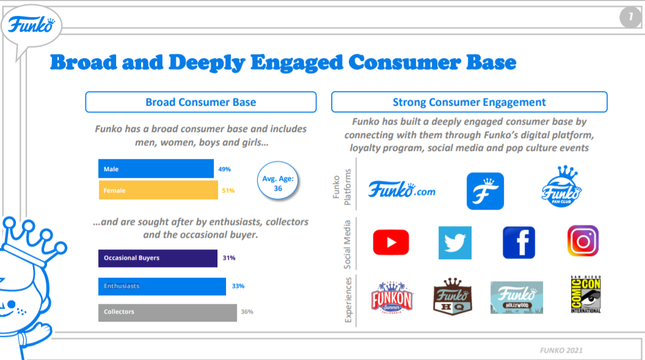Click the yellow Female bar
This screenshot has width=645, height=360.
(x=158, y=190)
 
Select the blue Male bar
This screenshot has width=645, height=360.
(x=156, y=169)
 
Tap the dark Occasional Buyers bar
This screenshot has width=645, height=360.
(x=158, y=258)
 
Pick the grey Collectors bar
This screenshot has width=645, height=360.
(x=167, y=312)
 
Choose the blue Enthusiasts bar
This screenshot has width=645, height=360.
(x=162, y=286)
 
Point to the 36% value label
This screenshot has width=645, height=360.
(x=247, y=312)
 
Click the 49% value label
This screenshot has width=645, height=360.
(x=225, y=169)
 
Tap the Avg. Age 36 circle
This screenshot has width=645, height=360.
(x=279, y=183)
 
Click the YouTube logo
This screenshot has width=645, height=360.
(x=391, y=243)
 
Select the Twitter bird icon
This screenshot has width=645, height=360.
(x=455, y=243)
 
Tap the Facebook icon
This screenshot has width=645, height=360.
(x=519, y=243)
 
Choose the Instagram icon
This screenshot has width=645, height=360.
(x=583, y=241)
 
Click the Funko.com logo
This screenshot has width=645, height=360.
(x=401, y=190)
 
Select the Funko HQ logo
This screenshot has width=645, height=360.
(x=453, y=296)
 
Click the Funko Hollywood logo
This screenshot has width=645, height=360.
(x=516, y=298)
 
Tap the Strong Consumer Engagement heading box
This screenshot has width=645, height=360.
(x=469, y=102)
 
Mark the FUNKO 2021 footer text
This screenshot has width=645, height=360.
(x=561, y=350)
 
